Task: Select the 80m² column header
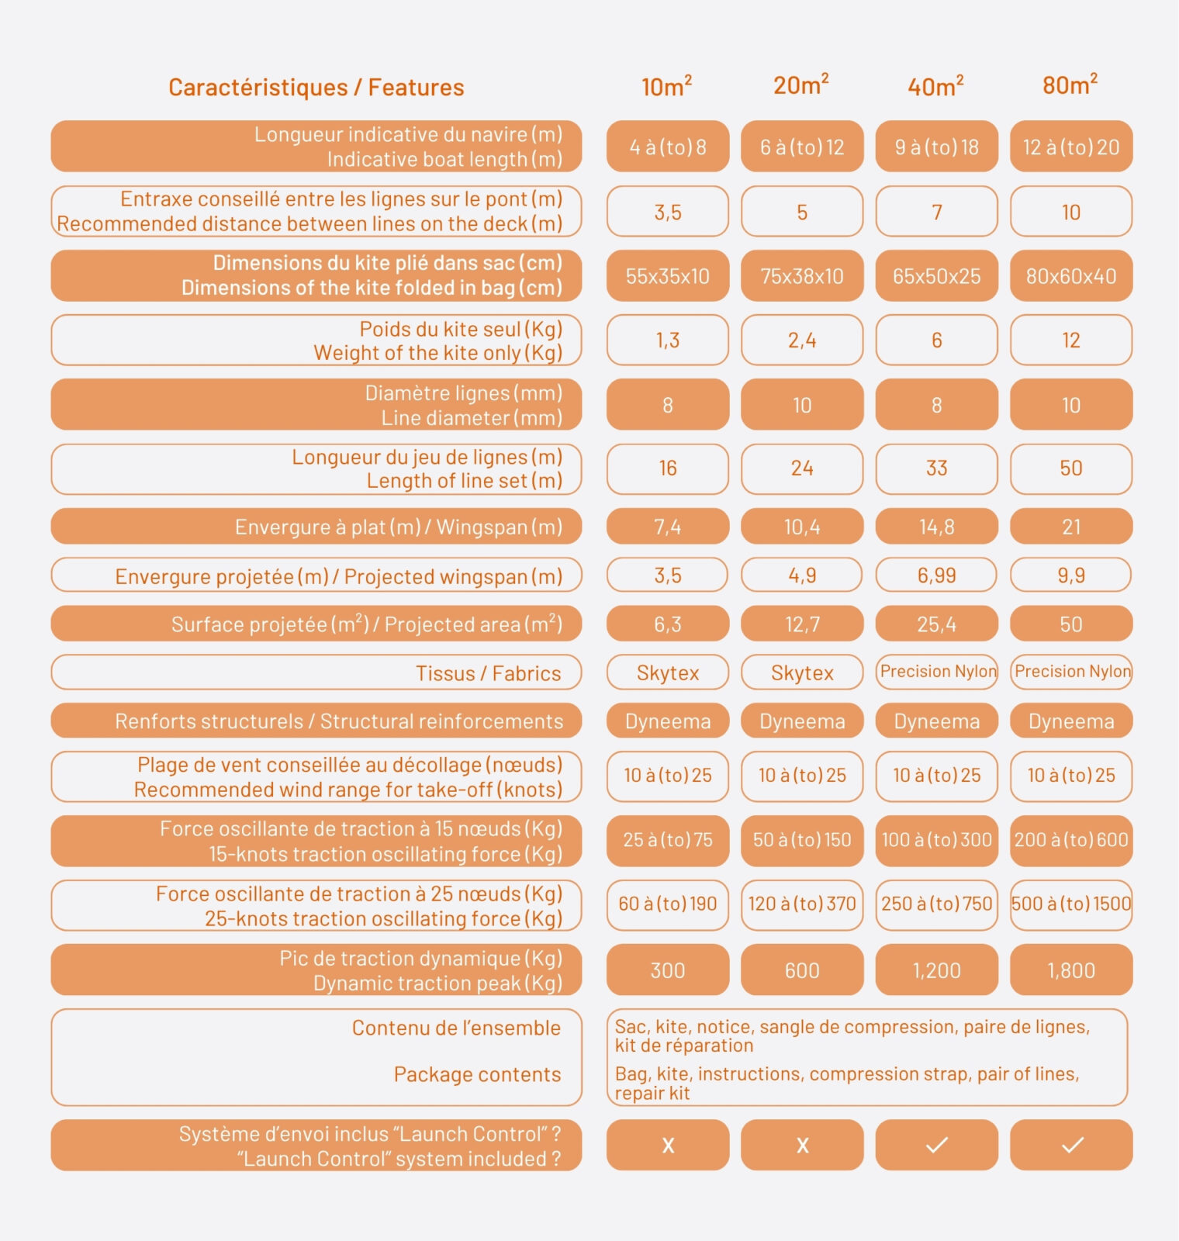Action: click(x=1070, y=85)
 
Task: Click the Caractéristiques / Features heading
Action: click(x=316, y=88)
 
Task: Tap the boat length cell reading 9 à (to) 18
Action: click(x=936, y=147)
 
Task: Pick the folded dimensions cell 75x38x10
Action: click(x=802, y=276)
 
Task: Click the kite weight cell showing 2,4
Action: click(x=802, y=340)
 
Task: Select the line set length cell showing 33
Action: click(x=936, y=468)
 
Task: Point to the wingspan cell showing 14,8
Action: click(x=936, y=527)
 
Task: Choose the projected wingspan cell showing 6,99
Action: click(x=936, y=576)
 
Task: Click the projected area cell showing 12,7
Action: click(x=802, y=624)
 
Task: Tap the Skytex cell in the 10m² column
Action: click(x=668, y=672)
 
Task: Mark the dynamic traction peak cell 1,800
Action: click(x=1071, y=970)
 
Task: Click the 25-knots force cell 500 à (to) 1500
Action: click(x=1071, y=904)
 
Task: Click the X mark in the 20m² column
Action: click(x=802, y=1145)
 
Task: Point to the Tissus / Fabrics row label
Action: click(x=488, y=673)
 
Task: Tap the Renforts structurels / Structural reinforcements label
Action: click(x=339, y=721)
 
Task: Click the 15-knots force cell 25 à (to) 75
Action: click(x=668, y=840)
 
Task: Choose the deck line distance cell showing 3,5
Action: click(x=668, y=212)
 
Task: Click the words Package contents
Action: click(x=477, y=1074)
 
